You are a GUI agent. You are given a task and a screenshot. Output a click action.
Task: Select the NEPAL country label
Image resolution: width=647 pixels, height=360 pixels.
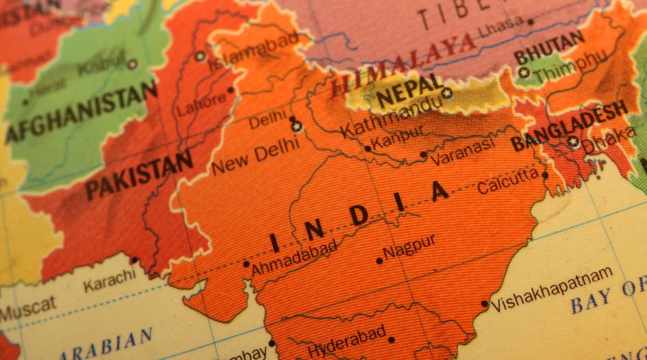(x=409, y=93)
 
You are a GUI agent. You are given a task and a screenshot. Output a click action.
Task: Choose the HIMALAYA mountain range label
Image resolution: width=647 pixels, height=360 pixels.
(x=403, y=64)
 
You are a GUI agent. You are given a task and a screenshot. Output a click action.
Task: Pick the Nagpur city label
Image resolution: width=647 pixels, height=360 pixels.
(x=409, y=247)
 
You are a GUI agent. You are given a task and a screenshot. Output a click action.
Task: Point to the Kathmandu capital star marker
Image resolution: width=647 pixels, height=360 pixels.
(x=447, y=92)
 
